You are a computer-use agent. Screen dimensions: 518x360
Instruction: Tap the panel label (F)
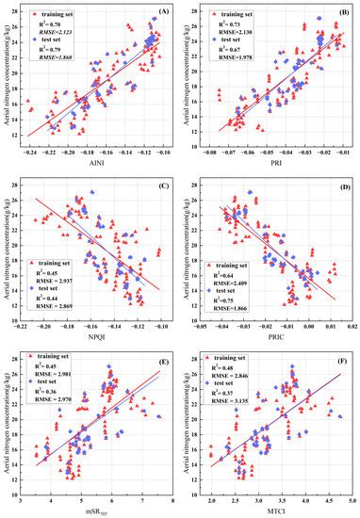point(342,359)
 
